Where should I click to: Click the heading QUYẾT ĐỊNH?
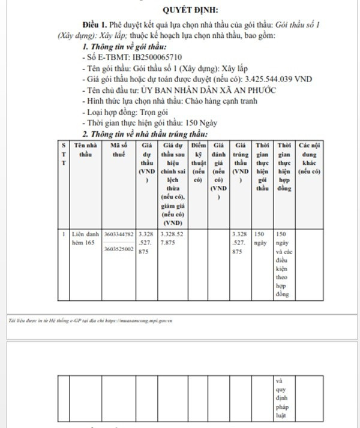coord(191,10)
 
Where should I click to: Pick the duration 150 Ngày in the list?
coord(200,122)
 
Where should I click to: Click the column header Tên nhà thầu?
coord(85,149)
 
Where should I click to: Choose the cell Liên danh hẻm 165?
coord(85,238)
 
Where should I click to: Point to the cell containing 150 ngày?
coord(261,238)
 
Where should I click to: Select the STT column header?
coord(64,154)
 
